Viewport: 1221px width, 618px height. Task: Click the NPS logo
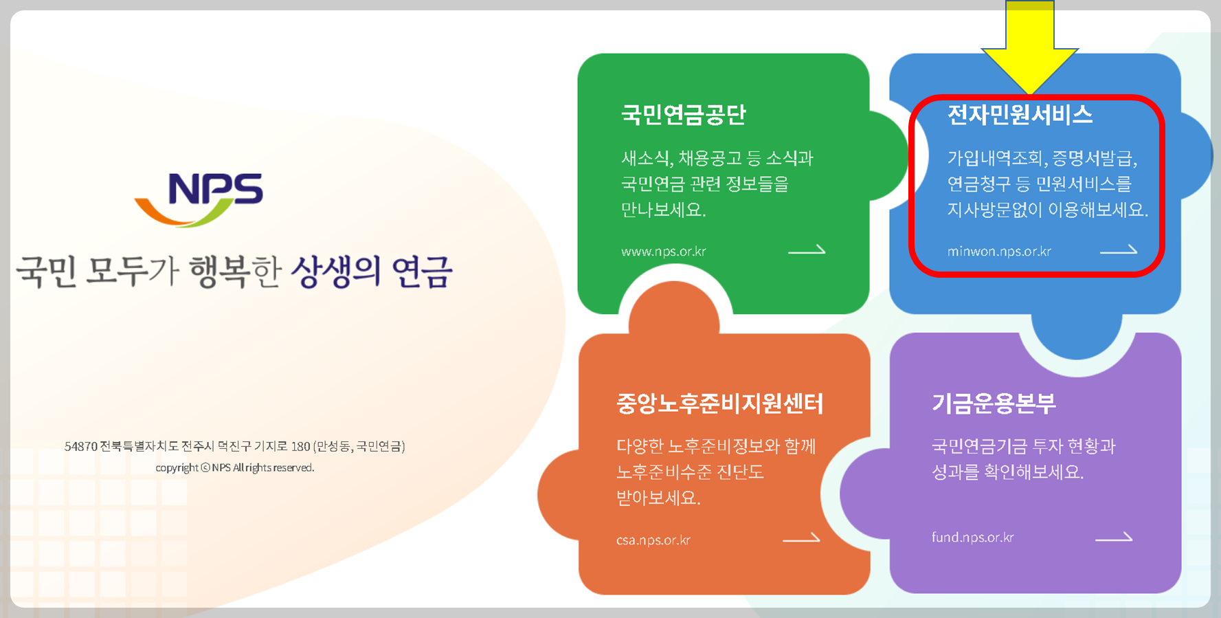coord(199,198)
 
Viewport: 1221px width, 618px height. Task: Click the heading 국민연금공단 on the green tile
coord(683,115)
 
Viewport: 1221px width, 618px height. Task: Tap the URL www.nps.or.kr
coord(663,252)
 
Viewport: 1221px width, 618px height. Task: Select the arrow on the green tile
coord(806,250)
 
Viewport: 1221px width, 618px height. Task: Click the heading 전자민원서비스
coord(1020,115)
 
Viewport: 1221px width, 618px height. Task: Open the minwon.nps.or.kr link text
coord(999,252)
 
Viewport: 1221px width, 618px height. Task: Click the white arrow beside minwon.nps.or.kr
coord(1118,251)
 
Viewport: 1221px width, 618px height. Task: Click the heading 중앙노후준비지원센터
coord(719,404)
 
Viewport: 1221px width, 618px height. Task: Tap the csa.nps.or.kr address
coord(653,540)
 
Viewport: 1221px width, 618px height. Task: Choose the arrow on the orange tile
coord(801,539)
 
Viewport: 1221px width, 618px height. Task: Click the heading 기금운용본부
coord(994,404)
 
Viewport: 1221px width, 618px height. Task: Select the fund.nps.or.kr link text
coord(972,538)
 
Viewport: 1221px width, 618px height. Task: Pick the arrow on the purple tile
coord(1113,538)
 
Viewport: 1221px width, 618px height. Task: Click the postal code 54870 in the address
coord(81,447)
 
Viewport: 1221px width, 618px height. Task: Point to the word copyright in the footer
coord(177,468)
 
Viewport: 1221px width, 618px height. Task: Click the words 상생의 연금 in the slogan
coord(371,272)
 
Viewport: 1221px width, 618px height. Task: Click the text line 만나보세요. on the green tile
coord(663,210)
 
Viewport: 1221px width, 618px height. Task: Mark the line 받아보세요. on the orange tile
coord(658,498)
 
